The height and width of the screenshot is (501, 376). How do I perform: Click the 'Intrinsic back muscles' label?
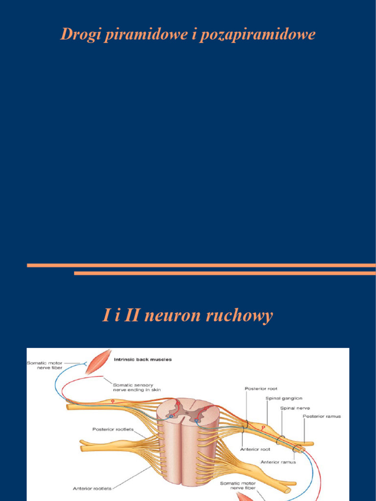point(142,360)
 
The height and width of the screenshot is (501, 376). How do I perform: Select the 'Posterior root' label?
point(261,388)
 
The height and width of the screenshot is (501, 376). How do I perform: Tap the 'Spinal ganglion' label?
point(284,398)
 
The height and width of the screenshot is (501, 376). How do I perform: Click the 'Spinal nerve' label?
point(295,408)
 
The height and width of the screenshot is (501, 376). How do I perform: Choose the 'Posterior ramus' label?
point(322,416)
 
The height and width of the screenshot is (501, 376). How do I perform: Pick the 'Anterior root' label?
point(255,449)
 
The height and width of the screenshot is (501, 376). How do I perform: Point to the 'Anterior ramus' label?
point(278,462)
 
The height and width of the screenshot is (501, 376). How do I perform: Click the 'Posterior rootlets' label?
point(113,430)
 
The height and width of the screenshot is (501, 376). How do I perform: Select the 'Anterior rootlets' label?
point(92,488)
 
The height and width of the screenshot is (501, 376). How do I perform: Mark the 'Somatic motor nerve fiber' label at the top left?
point(45,365)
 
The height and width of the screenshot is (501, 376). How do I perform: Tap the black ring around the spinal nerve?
point(281,440)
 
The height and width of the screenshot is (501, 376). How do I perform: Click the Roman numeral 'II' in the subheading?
point(131,316)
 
